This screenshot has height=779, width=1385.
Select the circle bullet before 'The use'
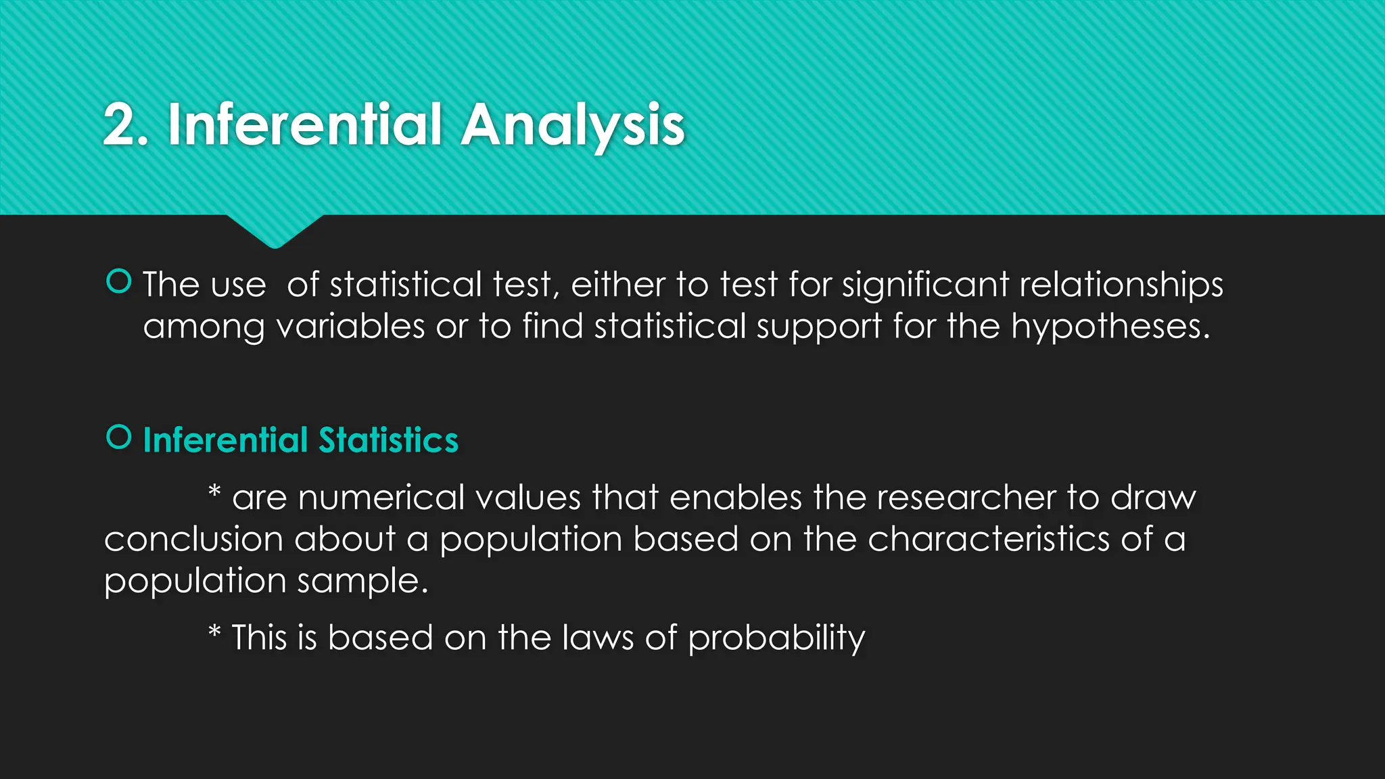119,281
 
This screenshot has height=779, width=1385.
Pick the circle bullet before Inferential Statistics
119,437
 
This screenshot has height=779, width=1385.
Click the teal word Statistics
388,440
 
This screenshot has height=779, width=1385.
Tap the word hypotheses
1110,327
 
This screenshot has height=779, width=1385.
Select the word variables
350,327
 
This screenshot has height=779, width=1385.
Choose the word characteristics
988,540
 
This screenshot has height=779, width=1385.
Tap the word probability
776,638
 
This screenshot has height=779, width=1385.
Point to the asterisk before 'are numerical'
214,492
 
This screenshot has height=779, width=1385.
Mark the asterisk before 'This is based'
214,632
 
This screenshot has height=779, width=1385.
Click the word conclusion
193,540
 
